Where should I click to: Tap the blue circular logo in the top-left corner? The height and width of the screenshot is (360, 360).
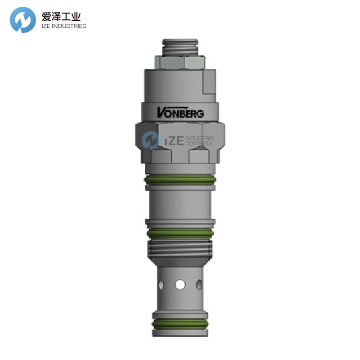pos(22,20)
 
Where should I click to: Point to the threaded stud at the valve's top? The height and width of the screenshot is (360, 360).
pos(180,47)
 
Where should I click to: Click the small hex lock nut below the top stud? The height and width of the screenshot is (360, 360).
pos(180,62)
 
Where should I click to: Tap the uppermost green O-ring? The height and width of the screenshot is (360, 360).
pos(180,180)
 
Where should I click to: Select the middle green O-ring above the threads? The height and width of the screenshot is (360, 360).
pos(180,233)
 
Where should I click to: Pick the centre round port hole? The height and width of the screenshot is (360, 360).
pos(180,284)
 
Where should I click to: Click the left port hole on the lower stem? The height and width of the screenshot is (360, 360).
pos(161,284)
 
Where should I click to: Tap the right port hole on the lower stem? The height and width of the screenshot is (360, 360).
pos(199,284)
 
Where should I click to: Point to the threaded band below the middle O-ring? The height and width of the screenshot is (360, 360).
pos(180,248)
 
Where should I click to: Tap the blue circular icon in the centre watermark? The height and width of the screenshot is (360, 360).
pos(151,141)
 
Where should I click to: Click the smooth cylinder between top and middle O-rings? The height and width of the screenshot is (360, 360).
pos(180,205)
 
